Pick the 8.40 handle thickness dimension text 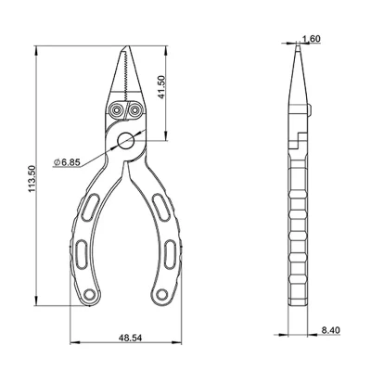pos(332,329)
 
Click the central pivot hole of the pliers pos(126,141)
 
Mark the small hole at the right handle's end pos(167,296)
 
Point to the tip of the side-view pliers pos(299,51)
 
